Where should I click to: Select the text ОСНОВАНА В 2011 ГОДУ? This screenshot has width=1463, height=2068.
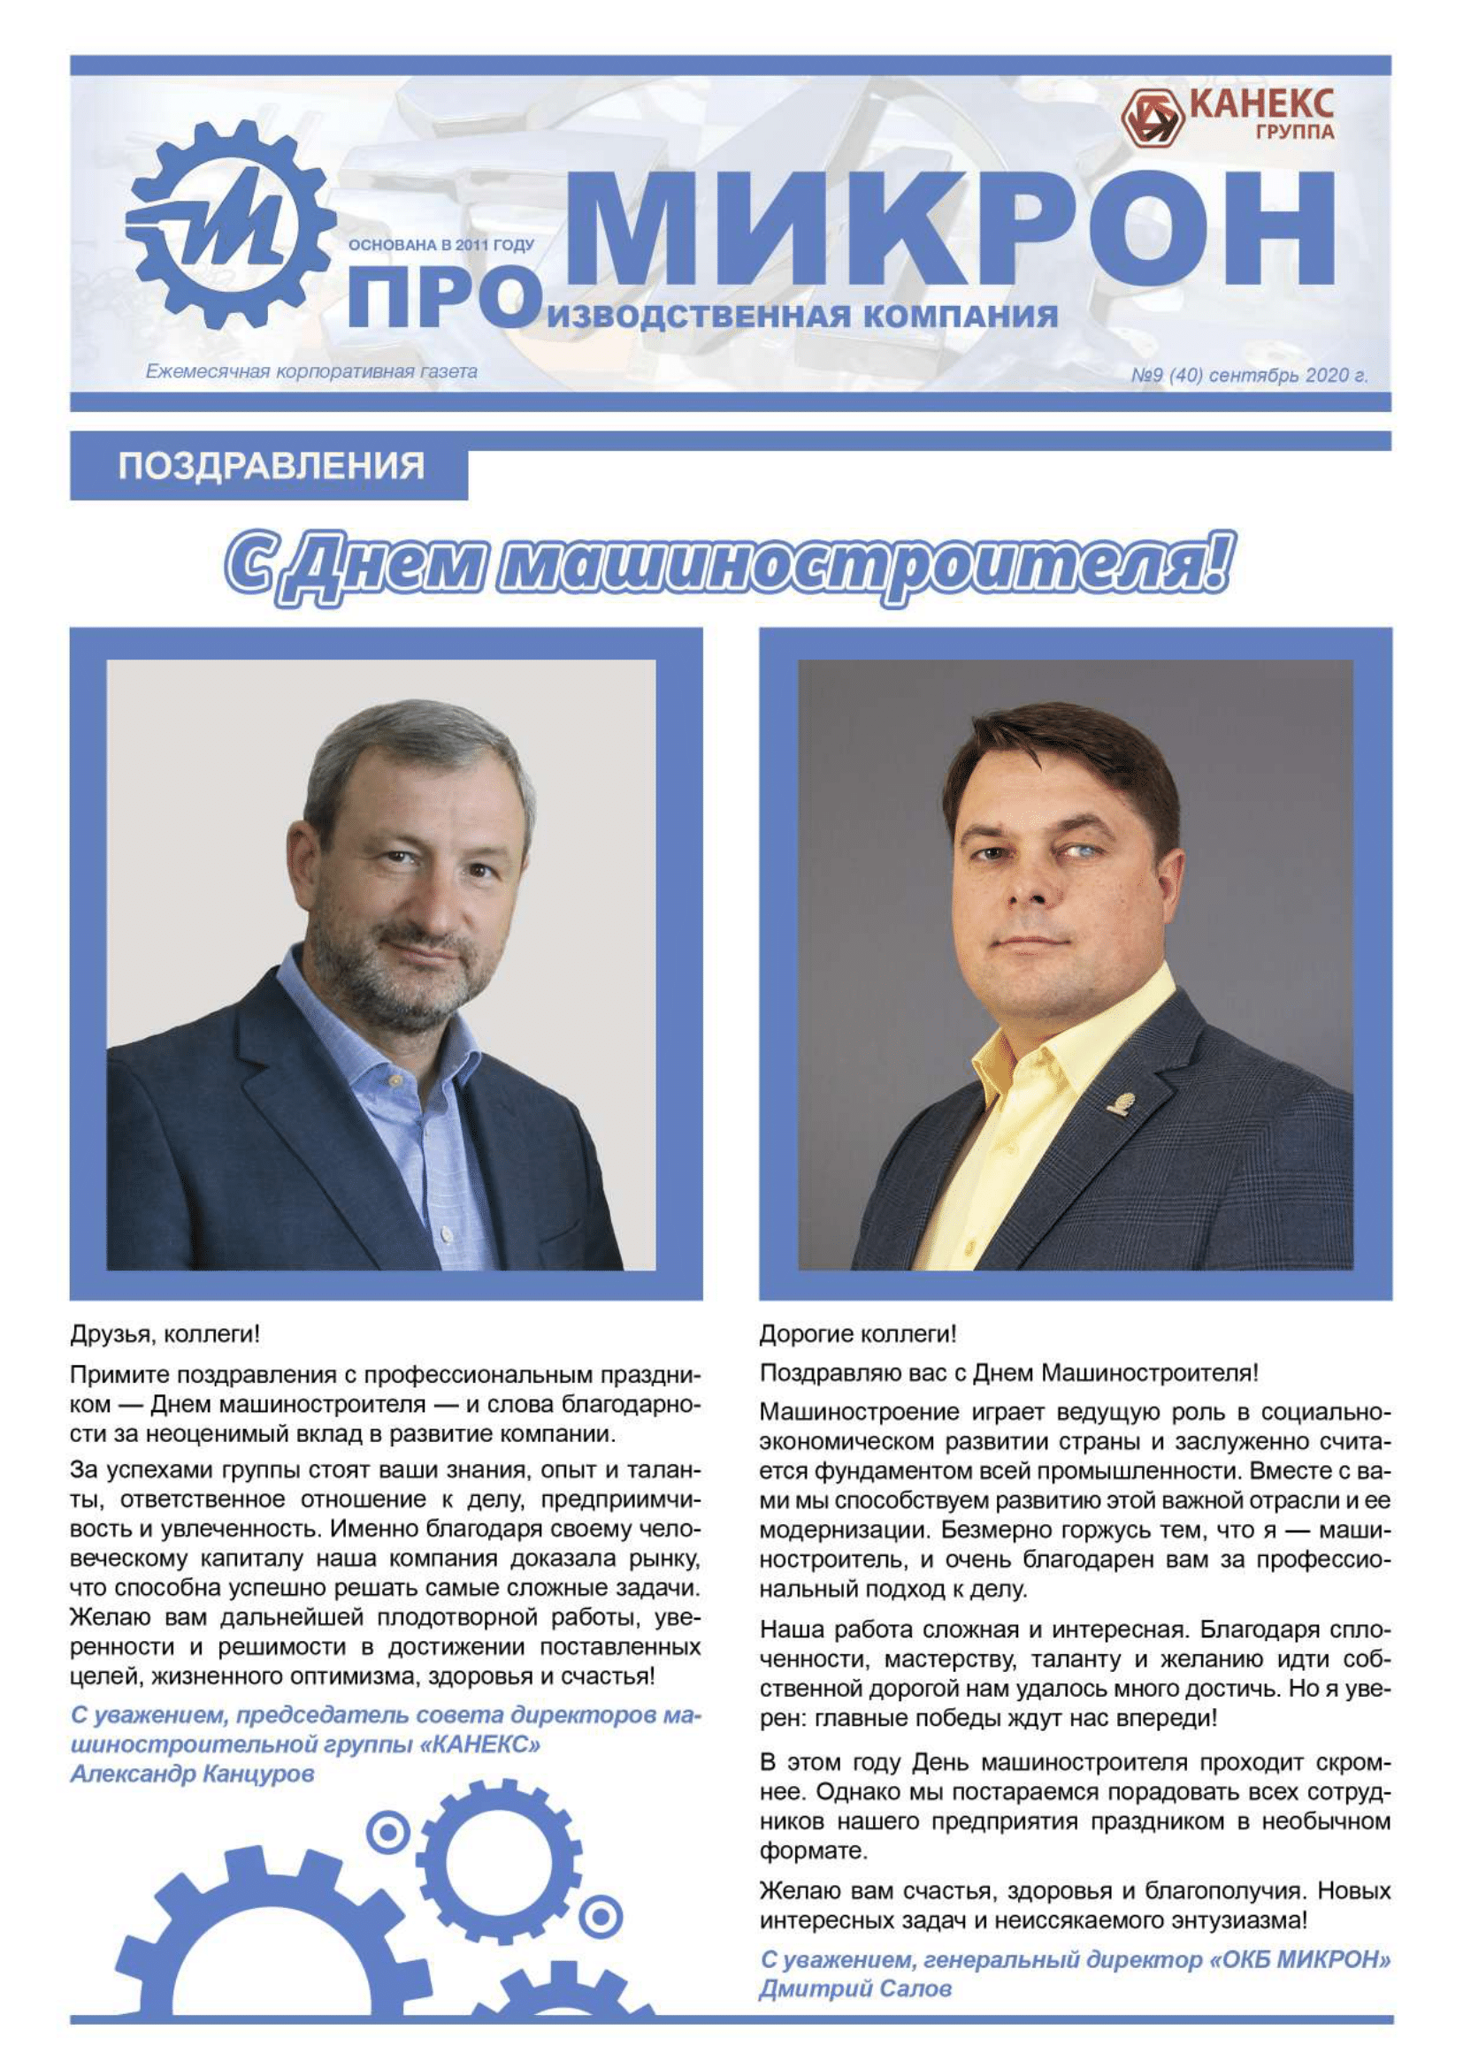440,245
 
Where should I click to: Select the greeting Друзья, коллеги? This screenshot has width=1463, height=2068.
165,1334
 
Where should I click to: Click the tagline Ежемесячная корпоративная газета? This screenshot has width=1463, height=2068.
311,371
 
